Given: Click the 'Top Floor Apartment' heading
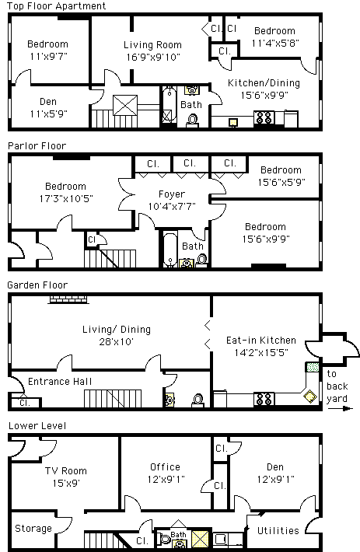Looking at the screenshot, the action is [56, 6].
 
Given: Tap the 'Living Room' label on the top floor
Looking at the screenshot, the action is [152, 45].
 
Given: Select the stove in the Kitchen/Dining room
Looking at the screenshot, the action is [264, 118].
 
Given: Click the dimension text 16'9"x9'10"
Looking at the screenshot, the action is [153, 57].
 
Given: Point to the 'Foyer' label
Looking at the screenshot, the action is [172, 194].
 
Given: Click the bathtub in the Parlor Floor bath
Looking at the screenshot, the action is [170, 249].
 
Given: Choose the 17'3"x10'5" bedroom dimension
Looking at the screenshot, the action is [66, 198].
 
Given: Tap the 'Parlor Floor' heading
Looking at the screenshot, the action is [37, 145].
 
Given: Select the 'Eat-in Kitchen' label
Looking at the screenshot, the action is [261, 340].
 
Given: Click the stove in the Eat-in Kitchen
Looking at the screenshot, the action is [264, 399].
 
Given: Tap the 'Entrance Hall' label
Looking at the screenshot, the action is [60, 381].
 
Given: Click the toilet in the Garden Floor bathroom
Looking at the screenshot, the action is [198, 400].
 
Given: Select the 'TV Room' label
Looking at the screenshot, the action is [66, 470].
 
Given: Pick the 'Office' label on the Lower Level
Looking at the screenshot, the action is [166, 466].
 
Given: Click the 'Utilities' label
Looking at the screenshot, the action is [278, 530].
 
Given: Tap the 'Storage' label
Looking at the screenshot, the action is [33, 529].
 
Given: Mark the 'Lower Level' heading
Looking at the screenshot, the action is [37, 425].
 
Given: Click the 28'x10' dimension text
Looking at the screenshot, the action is [116, 342].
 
